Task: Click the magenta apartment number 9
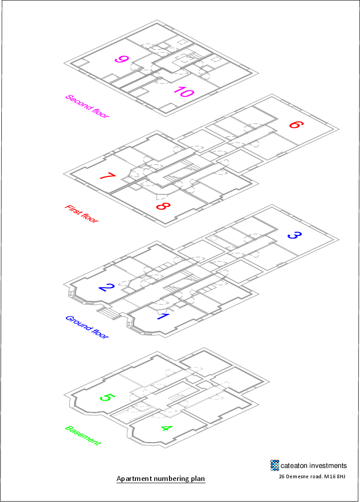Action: coord(121,59)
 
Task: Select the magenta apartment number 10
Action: coord(183,92)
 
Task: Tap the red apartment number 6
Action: coord(294,124)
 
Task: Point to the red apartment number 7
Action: coord(108,176)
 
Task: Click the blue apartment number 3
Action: coord(294,235)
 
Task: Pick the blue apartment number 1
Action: coord(162,316)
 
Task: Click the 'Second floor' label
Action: coord(87,106)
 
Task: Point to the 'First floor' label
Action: coord(81,214)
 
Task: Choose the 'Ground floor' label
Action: coord(87,327)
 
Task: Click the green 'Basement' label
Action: coord(83,435)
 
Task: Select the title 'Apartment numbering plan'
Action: coord(160,479)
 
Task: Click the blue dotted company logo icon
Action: coord(274,465)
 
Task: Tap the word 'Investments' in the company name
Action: coord(324,466)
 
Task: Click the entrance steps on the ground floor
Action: coord(108,313)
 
